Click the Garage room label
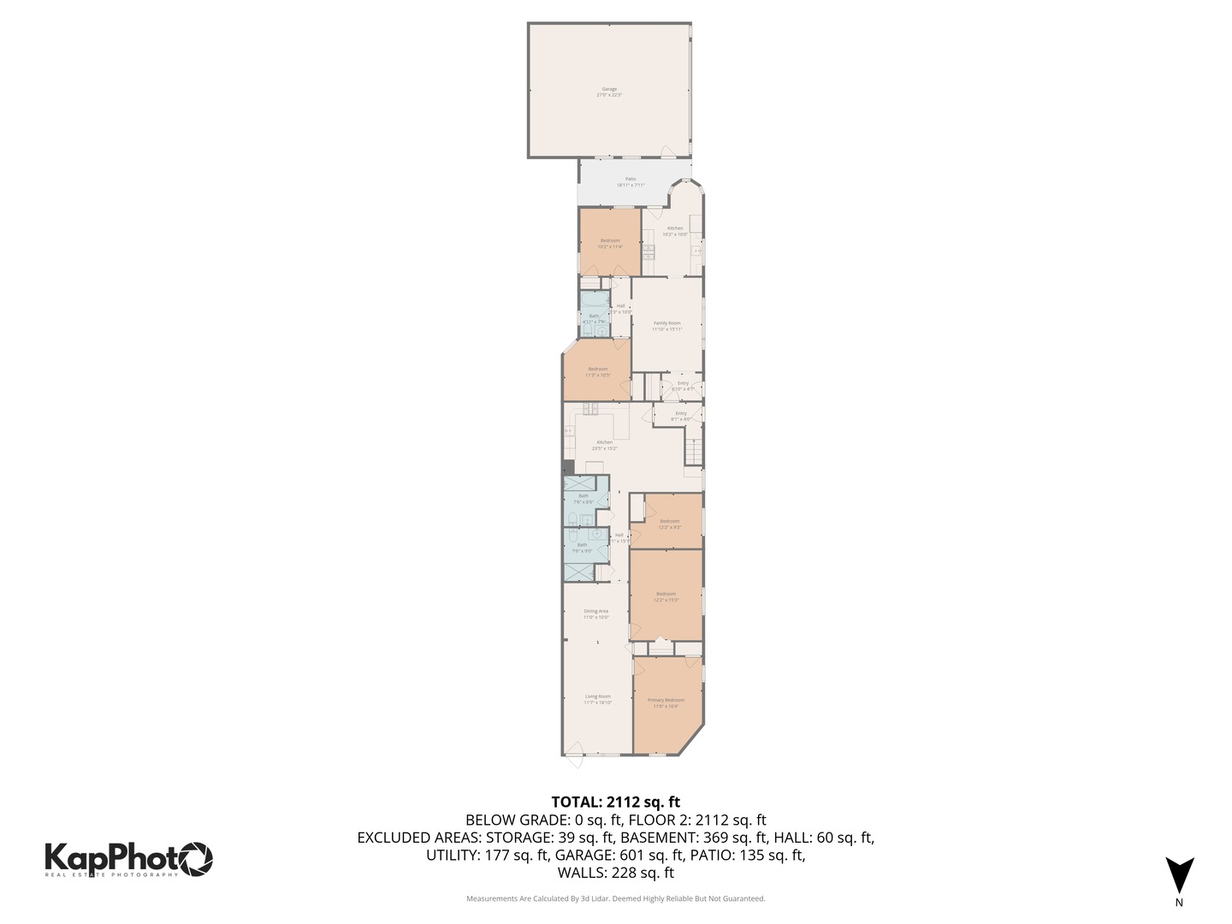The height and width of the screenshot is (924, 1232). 609,92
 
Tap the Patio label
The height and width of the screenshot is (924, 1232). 631,182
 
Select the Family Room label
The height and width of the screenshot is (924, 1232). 667,326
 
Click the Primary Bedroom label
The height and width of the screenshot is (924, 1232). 666,703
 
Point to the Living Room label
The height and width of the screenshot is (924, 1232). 598,700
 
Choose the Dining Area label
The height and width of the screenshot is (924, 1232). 596,614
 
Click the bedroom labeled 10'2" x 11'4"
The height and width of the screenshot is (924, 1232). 610,244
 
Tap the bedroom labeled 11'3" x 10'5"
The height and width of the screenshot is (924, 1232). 597,372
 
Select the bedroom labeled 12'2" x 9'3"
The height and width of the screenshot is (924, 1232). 669,524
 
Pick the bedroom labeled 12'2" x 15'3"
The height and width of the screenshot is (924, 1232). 666,596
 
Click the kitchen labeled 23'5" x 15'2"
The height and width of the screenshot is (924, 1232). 605,445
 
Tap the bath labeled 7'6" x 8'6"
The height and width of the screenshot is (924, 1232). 583,499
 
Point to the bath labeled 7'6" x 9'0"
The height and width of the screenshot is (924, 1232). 582,548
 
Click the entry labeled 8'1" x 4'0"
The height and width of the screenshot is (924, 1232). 681,416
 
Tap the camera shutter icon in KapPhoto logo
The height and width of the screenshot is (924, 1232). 195,859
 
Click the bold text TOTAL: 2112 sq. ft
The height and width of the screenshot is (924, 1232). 615,803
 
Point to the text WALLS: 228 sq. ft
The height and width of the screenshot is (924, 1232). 615,873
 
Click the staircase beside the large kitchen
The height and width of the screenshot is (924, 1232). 693,450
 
